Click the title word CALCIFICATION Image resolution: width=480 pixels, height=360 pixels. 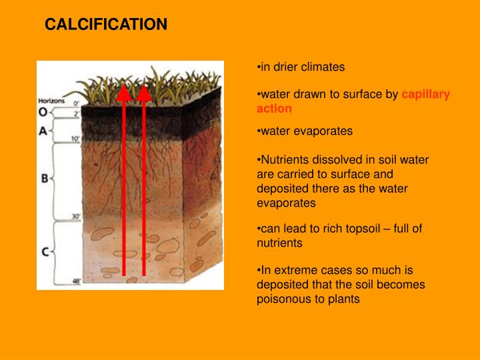pos(106,25)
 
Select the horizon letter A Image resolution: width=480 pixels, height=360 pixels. pos(42,131)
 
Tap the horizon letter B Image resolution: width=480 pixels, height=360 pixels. pos(44,179)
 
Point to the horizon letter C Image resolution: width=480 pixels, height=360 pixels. pos(44,251)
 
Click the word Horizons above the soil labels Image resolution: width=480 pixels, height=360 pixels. pos(51,99)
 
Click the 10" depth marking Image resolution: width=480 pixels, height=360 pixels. pos(75,139)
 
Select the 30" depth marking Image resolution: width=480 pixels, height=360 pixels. pos(75,217)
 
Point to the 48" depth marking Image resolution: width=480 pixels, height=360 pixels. pos(75,281)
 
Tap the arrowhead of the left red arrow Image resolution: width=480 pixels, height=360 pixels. pos(123,95)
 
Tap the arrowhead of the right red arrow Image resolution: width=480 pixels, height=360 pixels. pos(144,95)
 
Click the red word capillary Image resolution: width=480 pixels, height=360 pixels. pos(426,94)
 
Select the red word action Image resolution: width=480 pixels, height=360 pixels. pos(274,109)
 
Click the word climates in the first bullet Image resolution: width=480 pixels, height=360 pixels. pos(323,67)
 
